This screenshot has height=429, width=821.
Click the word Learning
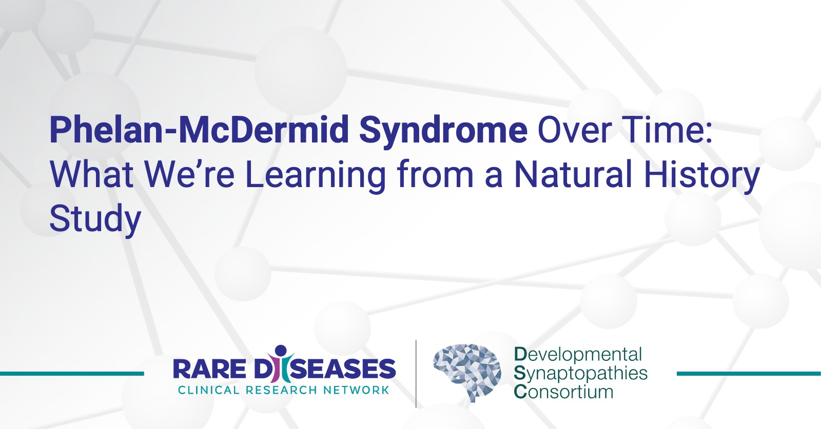pyautogui.click(x=315, y=177)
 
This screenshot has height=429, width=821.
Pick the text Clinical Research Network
pyautogui.click(x=283, y=390)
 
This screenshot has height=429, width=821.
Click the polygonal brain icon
pyautogui.click(x=467, y=372)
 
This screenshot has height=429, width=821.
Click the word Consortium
pyautogui.click(x=564, y=392)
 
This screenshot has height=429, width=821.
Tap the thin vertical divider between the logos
pyautogui.click(x=416, y=374)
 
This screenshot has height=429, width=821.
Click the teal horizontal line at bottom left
pyautogui.click(x=72, y=374)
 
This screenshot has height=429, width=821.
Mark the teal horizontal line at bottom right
pyautogui.click(x=749, y=374)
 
